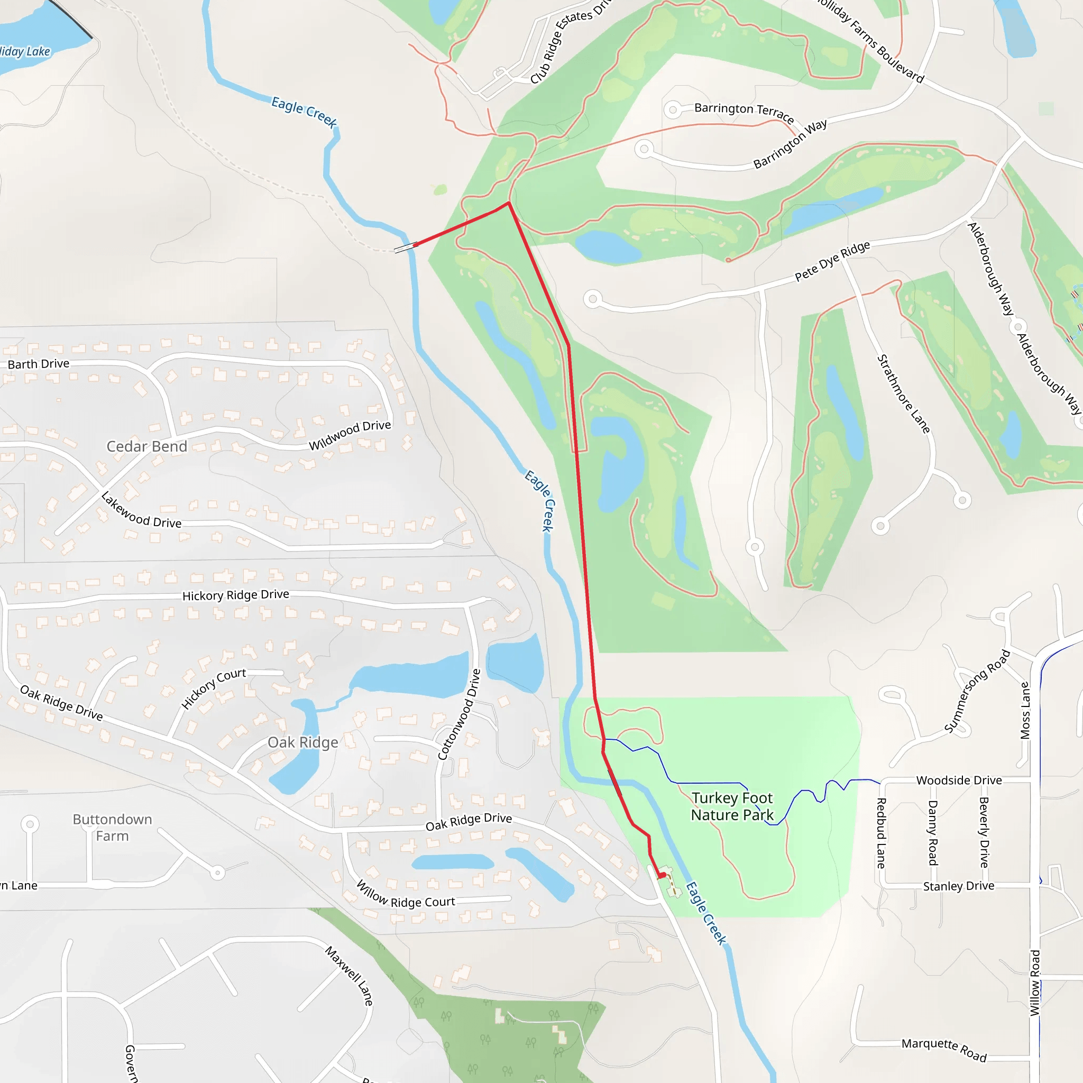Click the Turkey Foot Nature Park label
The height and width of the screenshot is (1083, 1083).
[731, 806]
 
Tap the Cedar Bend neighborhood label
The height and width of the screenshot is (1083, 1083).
[147, 446]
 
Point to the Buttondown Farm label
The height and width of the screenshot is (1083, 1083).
[112, 828]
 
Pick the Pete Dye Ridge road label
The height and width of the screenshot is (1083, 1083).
[832, 261]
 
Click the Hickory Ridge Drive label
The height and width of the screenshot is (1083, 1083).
[235, 595]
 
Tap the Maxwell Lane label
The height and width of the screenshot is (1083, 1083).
[349, 975]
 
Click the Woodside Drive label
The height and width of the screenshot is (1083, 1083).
[959, 781]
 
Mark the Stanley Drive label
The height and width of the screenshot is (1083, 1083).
[959, 886]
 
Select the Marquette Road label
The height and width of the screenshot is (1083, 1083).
[944, 1050]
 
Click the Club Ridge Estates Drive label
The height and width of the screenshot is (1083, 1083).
[569, 42]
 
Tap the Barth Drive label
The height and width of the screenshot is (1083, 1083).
[39, 364]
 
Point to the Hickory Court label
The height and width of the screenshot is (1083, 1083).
[214, 689]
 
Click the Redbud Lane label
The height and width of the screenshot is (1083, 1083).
[881, 833]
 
